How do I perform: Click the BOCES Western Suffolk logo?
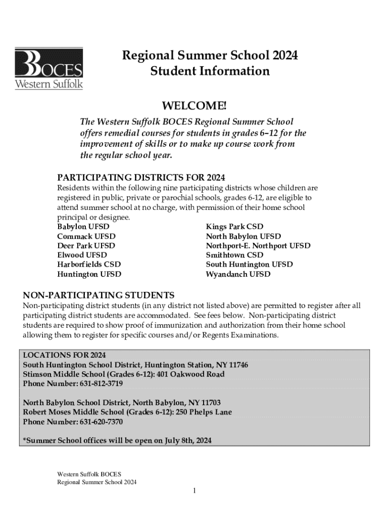click(x=49, y=68)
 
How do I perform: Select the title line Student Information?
click(x=210, y=71)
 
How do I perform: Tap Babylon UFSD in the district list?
click(x=83, y=227)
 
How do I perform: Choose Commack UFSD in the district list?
click(x=86, y=236)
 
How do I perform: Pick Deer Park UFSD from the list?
click(x=86, y=246)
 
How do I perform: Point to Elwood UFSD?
click(x=82, y=255)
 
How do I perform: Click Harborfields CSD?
click(x=89, y=265)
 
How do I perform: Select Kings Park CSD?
click(x=234, y=227)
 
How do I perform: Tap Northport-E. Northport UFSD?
click(x=258, y=246)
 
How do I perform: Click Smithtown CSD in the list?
click(x=234, y=255)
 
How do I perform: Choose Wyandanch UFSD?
click(x=238, y=274)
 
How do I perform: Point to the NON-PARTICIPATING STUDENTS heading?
click(x=99, y=295)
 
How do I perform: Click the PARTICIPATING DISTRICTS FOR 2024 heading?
click(x=141, y=178)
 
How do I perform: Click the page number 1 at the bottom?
click(x=194, y=491)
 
